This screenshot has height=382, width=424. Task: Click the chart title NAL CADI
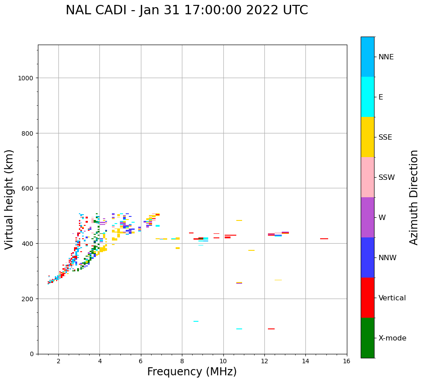[x=186, y=10]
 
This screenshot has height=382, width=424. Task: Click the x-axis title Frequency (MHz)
[x=192, y=372]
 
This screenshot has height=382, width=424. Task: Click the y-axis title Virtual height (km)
[x=9, y=199]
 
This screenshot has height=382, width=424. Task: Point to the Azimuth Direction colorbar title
[x=414, y=197]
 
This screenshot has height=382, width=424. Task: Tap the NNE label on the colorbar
[x=386, y=57]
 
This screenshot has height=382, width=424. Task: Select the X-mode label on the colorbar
[x=392, y=338]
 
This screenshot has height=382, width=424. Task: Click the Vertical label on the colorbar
[x=392, y=298]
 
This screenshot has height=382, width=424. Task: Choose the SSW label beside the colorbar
[x=387, y=177]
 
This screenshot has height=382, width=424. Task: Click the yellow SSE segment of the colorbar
[x=367, y=137]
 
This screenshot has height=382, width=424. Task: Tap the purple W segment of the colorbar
[x=367, y=217]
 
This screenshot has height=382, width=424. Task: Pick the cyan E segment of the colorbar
[x=367, y=97]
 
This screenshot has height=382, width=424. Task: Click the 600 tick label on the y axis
[x=28, y=188]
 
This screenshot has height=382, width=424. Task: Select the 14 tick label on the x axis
[x=305, y=361]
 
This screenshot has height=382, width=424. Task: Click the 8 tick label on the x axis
[x=182, y=361]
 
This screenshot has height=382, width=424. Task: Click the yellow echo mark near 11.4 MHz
[x=251, y=250]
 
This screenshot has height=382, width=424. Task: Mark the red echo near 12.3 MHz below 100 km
[x=271, y=329]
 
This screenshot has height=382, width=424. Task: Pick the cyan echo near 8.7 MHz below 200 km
[x=196, y=321]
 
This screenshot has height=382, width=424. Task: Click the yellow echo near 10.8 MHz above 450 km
[x=239, y=220]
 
